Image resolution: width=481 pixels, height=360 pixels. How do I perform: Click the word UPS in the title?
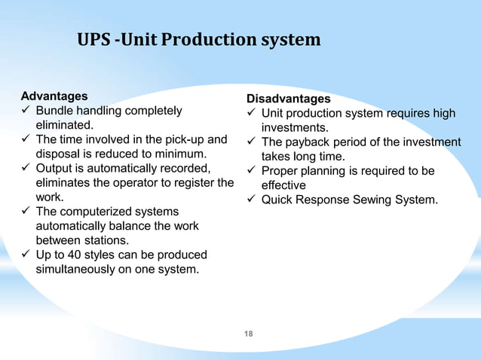click(93, 39)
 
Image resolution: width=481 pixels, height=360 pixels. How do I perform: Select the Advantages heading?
click(54, 96)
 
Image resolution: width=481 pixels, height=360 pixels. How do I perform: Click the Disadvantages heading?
click(289, 99)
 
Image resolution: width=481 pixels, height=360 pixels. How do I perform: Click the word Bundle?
click(55, 111)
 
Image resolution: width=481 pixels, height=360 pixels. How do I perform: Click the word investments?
click(294, 128)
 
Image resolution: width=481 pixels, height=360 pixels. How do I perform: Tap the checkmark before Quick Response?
click(251, 200)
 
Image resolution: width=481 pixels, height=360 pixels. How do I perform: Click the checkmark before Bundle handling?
click(26, 111)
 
